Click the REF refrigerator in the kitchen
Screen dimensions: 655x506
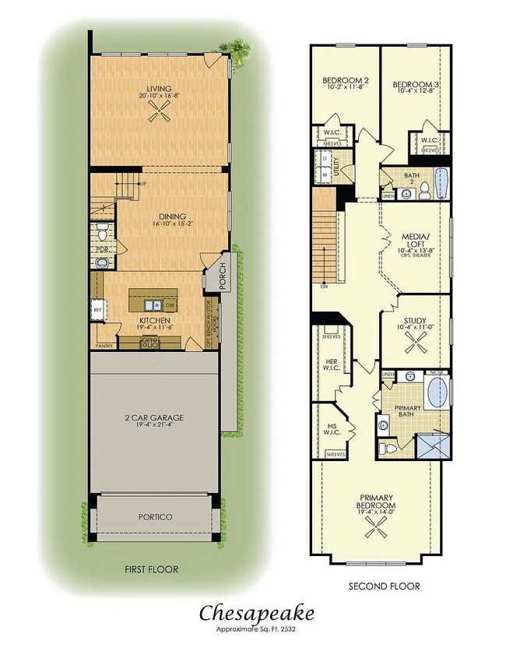click(x=97, y=308)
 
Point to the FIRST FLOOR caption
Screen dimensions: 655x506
click(x=152, y=569)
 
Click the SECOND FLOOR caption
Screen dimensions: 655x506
click(x=384, y=586)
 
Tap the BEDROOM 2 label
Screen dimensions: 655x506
click(x=345, y=80)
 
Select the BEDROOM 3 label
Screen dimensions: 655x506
click(x=413, y=84)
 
